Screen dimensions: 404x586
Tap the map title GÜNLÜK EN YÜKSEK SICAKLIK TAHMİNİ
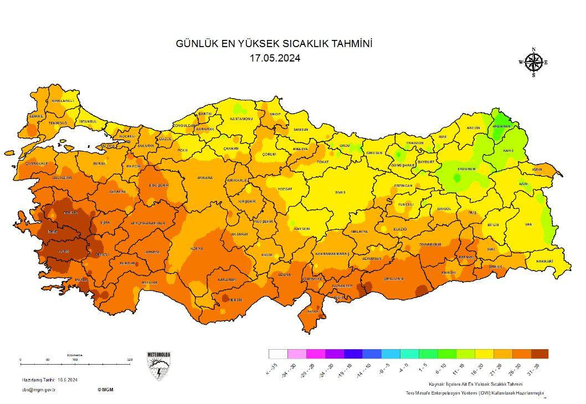tap(274, 43)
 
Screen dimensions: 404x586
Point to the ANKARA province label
tap(205, 178)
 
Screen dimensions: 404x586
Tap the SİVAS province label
tap(340, 192)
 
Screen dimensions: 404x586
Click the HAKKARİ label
tap(545, 260)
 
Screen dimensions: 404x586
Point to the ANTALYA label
tap(149, 282)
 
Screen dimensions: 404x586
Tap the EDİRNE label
tap(37, 116)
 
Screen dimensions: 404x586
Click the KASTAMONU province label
tap(241, 119)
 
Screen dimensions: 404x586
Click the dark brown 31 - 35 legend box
tap(539, 354)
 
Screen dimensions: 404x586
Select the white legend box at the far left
tap(278, 354)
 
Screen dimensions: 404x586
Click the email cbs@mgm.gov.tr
tap(39, 390)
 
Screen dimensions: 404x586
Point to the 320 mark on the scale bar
tap(129, 360)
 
